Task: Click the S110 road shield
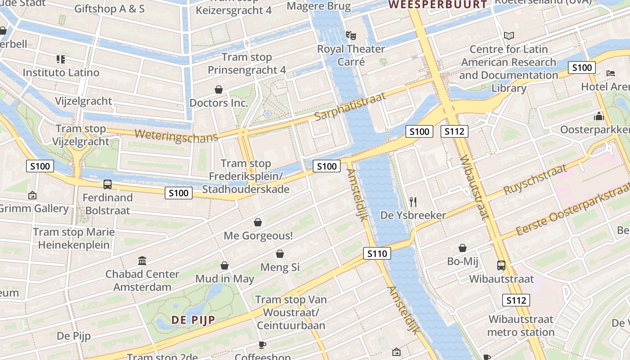pos(377,253)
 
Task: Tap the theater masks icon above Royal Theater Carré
pos(351,35)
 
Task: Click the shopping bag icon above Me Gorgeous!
pos(258,222)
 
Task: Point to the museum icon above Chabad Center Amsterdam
pos(142,261)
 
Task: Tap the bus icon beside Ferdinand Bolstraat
pos(108,184)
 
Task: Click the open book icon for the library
pos(509,36)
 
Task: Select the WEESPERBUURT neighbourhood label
pos(438,5)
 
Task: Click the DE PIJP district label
pos(193,319)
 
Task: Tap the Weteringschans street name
pos(176,136)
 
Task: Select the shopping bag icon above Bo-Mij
pos(462,248)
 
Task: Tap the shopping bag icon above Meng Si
pos(279,254)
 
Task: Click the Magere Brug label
pos(319,6)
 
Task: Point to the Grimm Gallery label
pos(34,209)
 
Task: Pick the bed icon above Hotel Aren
pos(610,73)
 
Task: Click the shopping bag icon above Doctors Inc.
pos(219,90)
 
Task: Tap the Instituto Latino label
pos(61,72)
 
